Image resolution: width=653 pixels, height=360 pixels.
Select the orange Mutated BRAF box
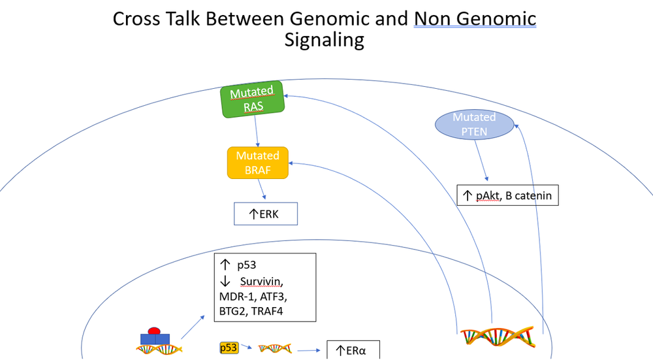(257, 163)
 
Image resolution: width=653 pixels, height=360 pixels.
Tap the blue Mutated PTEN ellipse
(474, 124)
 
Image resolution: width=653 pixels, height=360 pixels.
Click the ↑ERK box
(266, 214)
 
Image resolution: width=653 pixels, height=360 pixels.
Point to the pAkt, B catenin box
(508, 195)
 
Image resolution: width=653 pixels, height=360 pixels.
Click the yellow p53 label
(229, 348)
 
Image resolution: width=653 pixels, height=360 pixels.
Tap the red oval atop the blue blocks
(155, 331)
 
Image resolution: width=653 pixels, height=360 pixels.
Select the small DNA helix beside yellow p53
(275, 348)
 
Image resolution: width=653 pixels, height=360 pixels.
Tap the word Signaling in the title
(324, 40)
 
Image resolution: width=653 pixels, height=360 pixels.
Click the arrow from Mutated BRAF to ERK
(263, 190)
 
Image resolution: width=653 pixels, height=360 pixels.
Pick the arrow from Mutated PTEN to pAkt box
(481, 160)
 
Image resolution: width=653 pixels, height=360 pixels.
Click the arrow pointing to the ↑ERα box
(310, 350)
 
